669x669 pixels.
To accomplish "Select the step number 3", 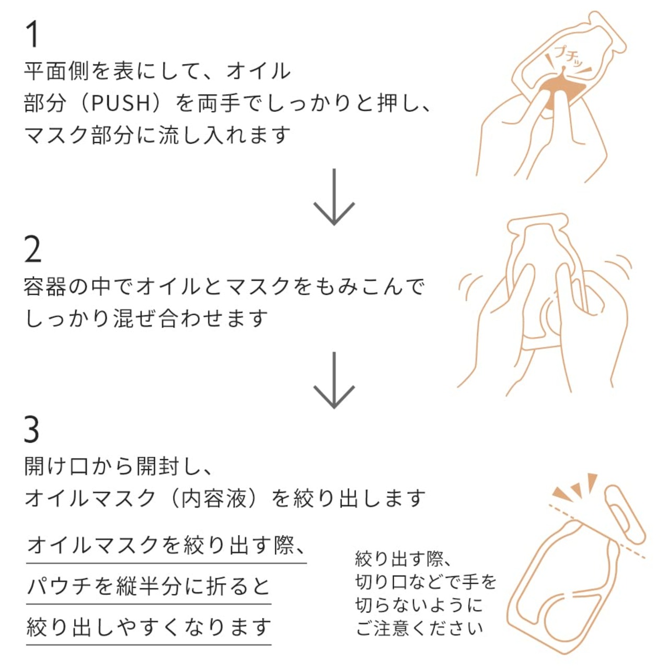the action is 32,430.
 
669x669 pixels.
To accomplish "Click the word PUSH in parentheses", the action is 121,103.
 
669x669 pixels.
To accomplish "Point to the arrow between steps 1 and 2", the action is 334,197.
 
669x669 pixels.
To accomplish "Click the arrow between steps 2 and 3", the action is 334,380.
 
